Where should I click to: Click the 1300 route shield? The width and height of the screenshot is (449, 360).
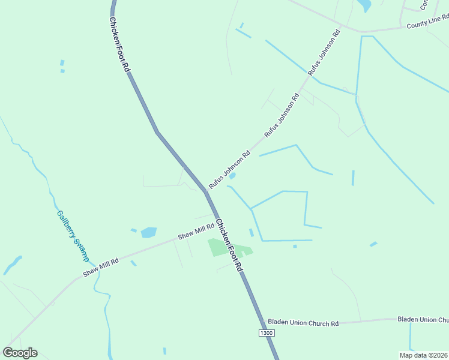click(x=266, y=332)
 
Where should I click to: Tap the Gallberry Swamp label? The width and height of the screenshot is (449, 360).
click(x=72, y=236)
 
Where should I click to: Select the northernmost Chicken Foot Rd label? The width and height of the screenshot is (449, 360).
click(x=119, y=44)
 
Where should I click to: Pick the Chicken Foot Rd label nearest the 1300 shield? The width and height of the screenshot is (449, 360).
click(x=229, y=245)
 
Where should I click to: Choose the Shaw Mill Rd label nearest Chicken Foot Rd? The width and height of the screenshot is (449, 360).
click(x=196, y=232)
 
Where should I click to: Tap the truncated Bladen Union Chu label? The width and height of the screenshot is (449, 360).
click(x=423, y=320)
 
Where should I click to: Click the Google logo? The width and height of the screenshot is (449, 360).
click(x=20, y=353)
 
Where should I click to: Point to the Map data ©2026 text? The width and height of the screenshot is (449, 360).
click(x=423, y=355)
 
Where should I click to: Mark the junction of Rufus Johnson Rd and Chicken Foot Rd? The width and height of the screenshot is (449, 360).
click(x=206, y=191)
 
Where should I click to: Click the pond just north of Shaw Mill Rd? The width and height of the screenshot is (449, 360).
click(x=148, y=232)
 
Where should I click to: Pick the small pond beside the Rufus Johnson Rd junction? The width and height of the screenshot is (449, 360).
click(x=232, y=176)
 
